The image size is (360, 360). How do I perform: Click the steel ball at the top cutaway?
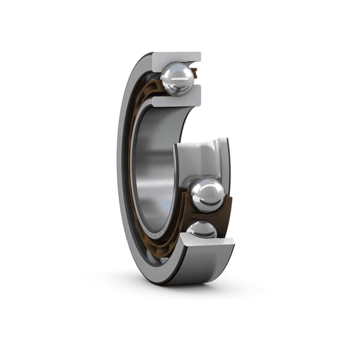(x=177, y=79)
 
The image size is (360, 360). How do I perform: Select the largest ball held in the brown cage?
(x=207, y=195)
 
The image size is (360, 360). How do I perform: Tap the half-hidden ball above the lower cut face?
(x=202, y=229)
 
